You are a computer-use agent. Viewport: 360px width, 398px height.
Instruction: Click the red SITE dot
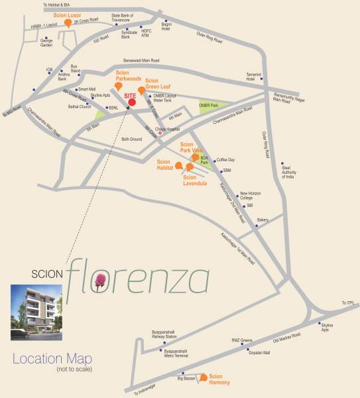[133, 102]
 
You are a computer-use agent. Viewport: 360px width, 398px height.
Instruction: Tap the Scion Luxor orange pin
[68, 24]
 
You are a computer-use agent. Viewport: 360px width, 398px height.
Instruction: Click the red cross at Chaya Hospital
[160, 133]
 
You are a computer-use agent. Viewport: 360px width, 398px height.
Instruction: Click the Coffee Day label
[226, 160]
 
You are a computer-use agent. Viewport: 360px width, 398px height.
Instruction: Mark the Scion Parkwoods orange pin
[118, 86]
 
